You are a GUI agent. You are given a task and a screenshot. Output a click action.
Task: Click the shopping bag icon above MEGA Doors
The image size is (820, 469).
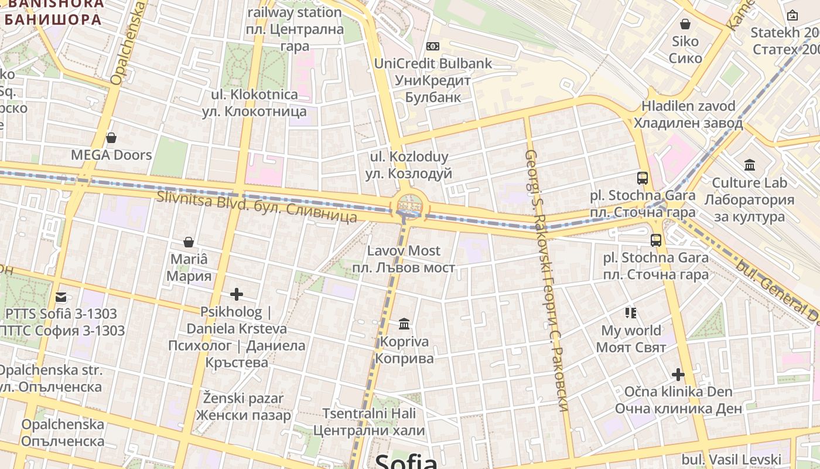111,138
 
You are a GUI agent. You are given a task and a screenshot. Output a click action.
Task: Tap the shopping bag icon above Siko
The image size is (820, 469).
685,25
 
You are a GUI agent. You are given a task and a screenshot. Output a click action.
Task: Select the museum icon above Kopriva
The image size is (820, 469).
404,324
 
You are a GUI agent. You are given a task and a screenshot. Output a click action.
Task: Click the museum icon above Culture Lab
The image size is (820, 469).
749,165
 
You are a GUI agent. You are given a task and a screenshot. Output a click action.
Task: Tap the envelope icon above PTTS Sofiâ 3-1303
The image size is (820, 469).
61,297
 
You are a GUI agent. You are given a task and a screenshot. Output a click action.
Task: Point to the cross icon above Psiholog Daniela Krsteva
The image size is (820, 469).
237,294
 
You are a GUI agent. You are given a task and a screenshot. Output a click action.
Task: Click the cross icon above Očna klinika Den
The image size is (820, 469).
678,374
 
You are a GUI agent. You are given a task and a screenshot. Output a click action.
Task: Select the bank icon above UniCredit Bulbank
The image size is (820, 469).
433,46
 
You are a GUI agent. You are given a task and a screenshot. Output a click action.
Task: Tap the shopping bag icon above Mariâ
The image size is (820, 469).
189,242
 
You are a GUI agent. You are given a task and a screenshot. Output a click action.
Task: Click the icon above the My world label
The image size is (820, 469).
631,313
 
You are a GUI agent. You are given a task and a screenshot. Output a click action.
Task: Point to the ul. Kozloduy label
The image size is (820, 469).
409,165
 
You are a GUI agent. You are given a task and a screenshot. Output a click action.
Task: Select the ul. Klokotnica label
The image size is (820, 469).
254,103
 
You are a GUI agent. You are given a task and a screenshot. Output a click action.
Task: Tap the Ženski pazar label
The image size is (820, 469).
243,407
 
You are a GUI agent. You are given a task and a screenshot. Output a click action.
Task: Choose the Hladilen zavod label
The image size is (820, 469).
688,115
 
